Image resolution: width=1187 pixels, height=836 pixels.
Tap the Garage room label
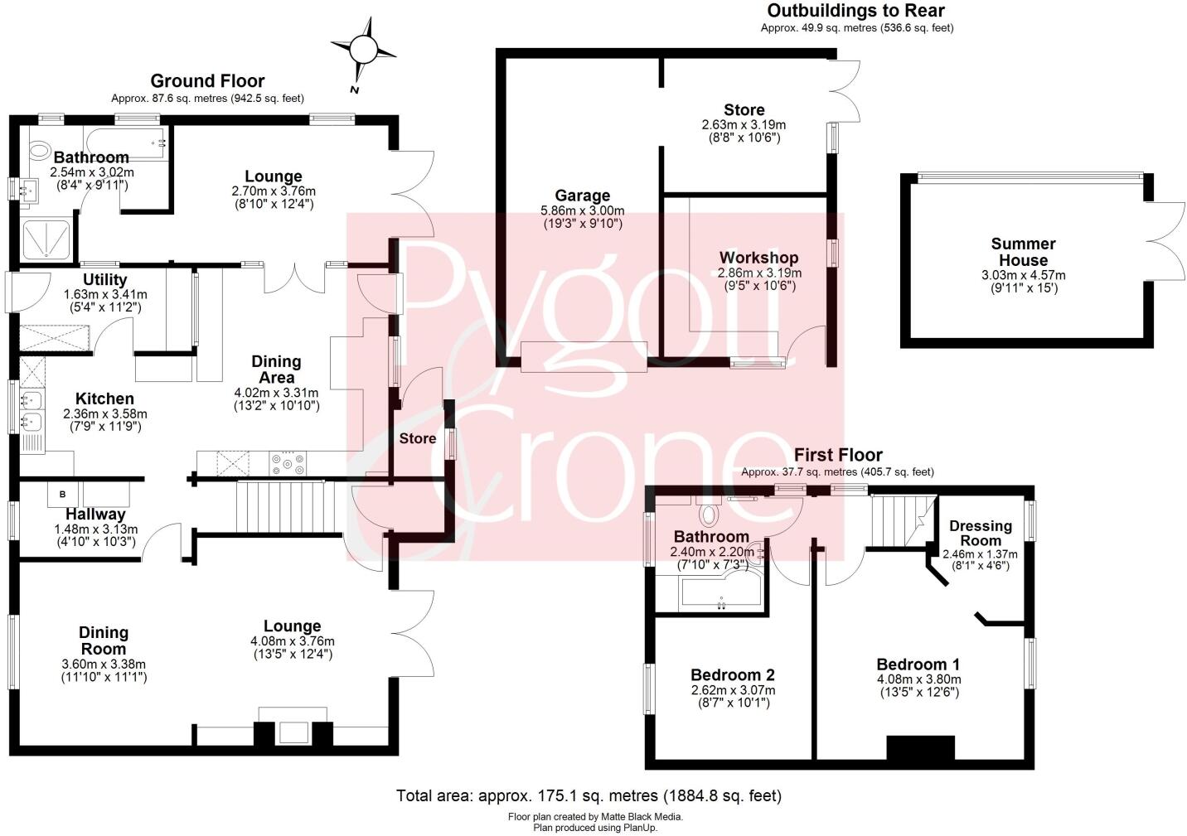[x=582, y=196]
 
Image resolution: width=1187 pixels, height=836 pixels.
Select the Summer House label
[x=1023, y=252]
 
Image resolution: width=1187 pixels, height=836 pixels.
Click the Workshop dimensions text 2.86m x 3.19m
[x=759, y=273]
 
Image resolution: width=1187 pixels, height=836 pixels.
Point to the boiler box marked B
[x=63, y=495]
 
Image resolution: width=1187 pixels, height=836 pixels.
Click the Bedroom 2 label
[x=732, y=674]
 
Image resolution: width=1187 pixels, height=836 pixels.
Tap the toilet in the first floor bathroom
[x=709, y=515]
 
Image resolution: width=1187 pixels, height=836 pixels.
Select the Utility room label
[x=104, y=279]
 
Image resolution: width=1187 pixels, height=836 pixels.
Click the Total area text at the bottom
[x=589, y=796]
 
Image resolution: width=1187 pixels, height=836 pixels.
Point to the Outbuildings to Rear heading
[x=855, y=11]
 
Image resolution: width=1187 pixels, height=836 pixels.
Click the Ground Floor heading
[x=207, y=81]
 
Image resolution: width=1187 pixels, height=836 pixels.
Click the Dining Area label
[x=276, y=370]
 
